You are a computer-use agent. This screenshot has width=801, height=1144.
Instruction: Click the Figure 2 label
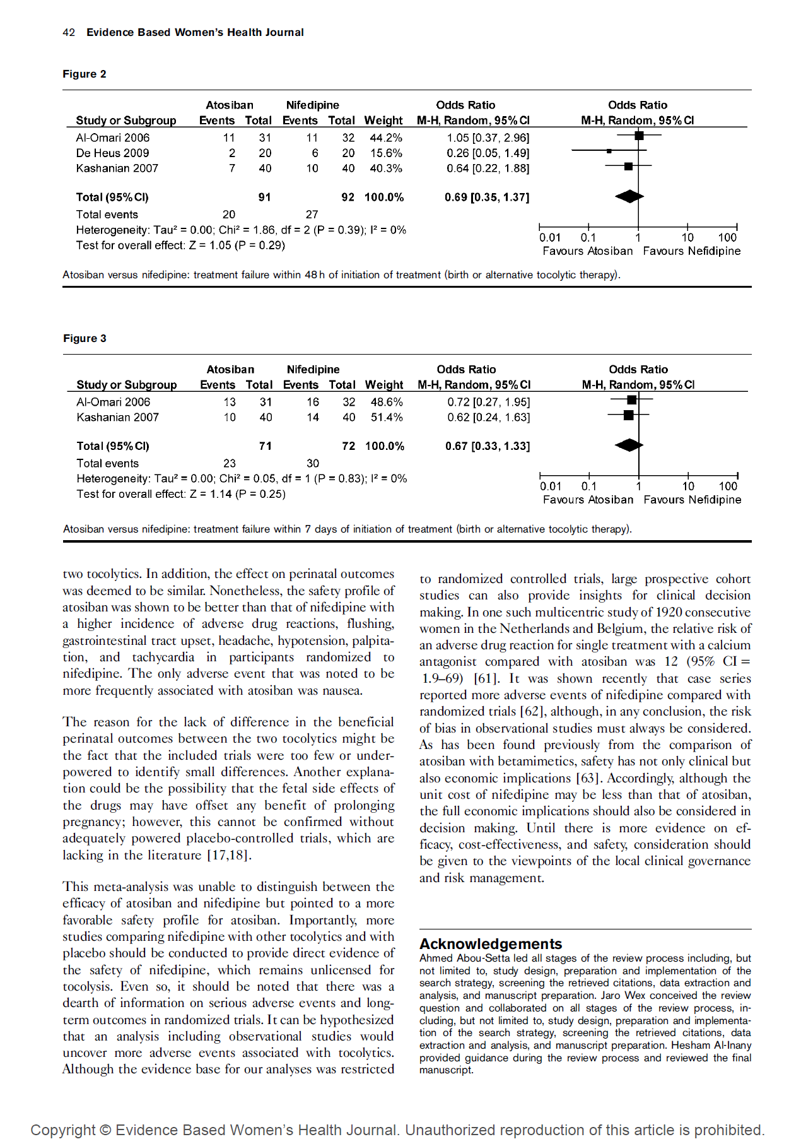[85, 74]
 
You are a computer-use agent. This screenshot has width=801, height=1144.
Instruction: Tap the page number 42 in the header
[69, 32]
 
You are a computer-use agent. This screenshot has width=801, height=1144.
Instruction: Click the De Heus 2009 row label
[112, 153]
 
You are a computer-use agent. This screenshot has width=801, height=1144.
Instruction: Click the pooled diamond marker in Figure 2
[629, 196]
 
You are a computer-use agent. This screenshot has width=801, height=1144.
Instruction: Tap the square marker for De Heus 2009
[609, 151]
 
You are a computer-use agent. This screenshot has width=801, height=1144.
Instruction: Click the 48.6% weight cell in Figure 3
[386, 402]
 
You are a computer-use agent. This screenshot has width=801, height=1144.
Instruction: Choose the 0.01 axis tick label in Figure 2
[549, 237]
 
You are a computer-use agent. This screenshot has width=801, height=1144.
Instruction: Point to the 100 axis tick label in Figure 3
[728, 486]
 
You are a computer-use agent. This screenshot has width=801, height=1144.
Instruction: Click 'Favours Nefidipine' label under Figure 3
[692, 500]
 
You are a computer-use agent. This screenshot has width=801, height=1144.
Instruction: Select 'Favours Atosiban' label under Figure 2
[587, 251]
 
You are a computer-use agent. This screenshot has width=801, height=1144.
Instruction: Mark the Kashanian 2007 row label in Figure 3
[117, 417]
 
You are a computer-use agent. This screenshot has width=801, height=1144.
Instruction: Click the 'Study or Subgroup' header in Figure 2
[126, 120]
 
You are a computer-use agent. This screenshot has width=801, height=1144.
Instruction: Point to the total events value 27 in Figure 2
[312, 215]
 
